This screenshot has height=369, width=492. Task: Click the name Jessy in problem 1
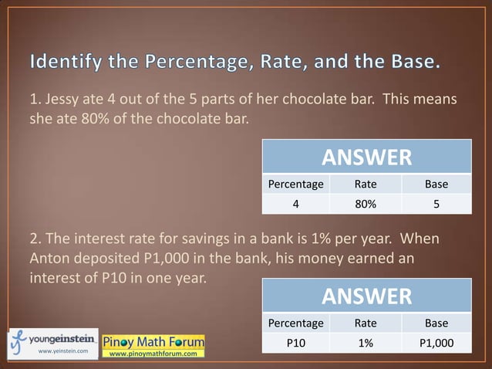pos(66,100)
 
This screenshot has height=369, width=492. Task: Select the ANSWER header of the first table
pos(366,158)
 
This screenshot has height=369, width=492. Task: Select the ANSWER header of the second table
pos(366,296)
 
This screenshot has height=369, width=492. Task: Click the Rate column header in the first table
pos(365,184)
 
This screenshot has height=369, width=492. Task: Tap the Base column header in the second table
pos(436,323)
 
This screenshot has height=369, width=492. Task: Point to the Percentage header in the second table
pos(295,323)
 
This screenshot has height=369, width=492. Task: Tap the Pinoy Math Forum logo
pos(153,340)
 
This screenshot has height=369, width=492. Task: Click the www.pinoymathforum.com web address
pos(153,353)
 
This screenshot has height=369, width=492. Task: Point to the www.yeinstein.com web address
pos(63,351)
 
